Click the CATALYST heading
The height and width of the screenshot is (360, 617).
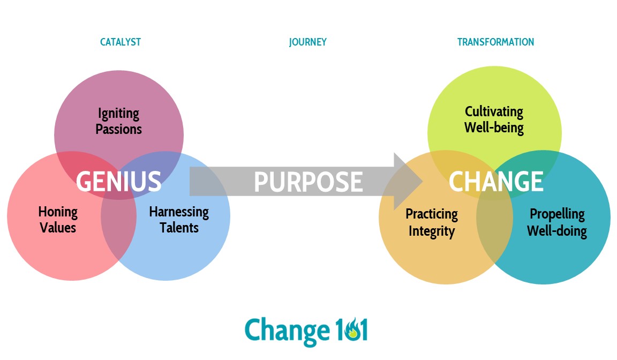point(121,42)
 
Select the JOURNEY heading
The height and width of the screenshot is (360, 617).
point(308,42)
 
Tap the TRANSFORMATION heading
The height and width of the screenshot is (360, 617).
point(495,42)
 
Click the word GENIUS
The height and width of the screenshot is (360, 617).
point(118,182)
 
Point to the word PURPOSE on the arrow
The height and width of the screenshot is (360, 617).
point(308,182)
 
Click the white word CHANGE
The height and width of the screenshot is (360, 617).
point(496,182)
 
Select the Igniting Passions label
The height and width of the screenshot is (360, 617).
point(118,121)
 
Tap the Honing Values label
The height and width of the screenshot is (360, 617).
point(58,220)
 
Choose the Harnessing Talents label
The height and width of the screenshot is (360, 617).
point(179,220)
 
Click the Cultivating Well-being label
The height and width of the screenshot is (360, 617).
point(494,119)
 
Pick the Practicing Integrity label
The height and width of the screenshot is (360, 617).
point(432,223)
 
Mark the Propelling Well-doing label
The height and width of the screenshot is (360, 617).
point(557,222)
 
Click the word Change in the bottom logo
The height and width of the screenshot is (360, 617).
point(287,331)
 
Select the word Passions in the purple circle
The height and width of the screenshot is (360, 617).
point(118,129)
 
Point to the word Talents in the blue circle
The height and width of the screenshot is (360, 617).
point(179,227)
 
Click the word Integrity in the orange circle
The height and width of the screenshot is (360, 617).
point(432,231)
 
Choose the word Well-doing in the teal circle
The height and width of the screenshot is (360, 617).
point(557,231)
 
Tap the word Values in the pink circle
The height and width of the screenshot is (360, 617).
point(58,227)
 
